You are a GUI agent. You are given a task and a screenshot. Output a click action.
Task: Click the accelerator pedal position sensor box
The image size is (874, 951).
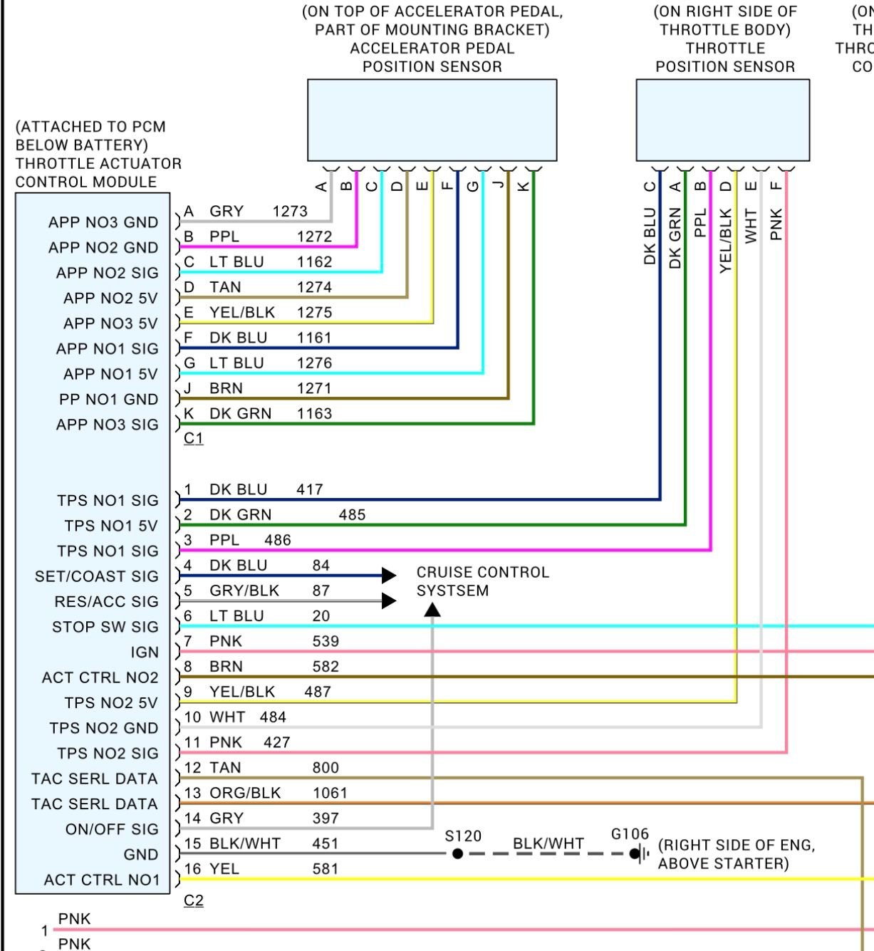(x=432, y=120)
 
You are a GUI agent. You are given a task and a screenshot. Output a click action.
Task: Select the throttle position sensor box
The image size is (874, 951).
(x=722, y=120)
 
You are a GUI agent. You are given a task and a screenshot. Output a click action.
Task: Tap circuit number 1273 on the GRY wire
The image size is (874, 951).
(x=290, y=212)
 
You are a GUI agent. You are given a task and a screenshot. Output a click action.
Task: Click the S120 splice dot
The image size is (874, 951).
(x=457, y=853)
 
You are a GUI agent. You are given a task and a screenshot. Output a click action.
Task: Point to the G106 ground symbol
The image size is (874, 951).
(x=636, y=853)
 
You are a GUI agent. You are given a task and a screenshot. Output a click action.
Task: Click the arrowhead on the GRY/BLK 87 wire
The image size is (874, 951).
(x=389, y=601)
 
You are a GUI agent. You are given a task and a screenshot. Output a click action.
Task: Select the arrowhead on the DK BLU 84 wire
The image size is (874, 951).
(x=389, y=576)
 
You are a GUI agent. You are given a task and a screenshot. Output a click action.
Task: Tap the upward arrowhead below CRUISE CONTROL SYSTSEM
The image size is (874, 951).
(x=432, y=609)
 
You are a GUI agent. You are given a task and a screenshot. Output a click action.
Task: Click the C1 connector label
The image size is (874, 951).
(x=193, y=439)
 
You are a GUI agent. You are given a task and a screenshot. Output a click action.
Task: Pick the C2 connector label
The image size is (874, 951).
(x=193, y=901)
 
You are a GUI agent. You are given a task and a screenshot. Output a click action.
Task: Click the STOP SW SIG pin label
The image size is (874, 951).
(x=105, y=627)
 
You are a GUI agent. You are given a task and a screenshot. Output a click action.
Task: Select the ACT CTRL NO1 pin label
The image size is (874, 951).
(x=102, y=880)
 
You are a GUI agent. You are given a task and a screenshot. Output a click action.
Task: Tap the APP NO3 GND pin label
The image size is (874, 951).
(x=103, y=222)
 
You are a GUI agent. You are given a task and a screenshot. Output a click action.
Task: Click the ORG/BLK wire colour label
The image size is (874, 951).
(x=245, y=793)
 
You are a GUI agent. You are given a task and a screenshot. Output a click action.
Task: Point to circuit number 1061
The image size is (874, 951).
(x=330, y=793)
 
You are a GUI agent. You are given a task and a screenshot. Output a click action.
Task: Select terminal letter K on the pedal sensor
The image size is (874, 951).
(x=523, y=187)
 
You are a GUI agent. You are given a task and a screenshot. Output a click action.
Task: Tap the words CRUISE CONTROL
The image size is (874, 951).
(x=482, y=572)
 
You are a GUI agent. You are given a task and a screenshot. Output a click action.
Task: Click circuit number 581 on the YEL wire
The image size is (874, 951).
(x=325, y=869)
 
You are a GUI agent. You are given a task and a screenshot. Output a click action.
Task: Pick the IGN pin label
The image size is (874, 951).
(x=145, y=653)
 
